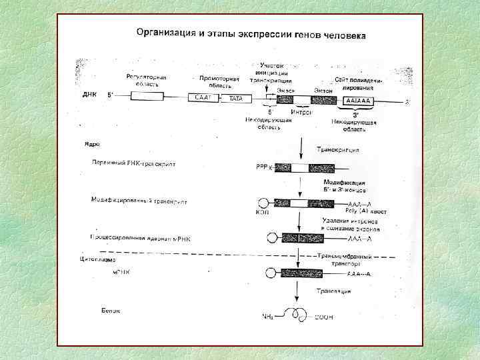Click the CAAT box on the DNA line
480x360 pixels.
[x=203, y=98]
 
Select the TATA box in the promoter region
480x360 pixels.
[x=235, y=98]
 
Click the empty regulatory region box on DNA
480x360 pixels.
[x=147, y=96]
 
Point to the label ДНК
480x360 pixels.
[x=90, y=95]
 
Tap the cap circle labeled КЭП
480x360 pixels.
[x=265, y=203]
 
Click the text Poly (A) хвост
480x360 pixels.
[x=364, y=211]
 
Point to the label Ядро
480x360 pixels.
[x=92, y=143]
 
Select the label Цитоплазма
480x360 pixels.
[x=98, y=259]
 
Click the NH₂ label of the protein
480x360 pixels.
[x=270, y=317]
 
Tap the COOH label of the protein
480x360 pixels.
[x=324, y=317]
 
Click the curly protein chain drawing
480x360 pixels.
[x=296, y=314]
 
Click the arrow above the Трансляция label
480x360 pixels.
[x=296, y=290]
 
